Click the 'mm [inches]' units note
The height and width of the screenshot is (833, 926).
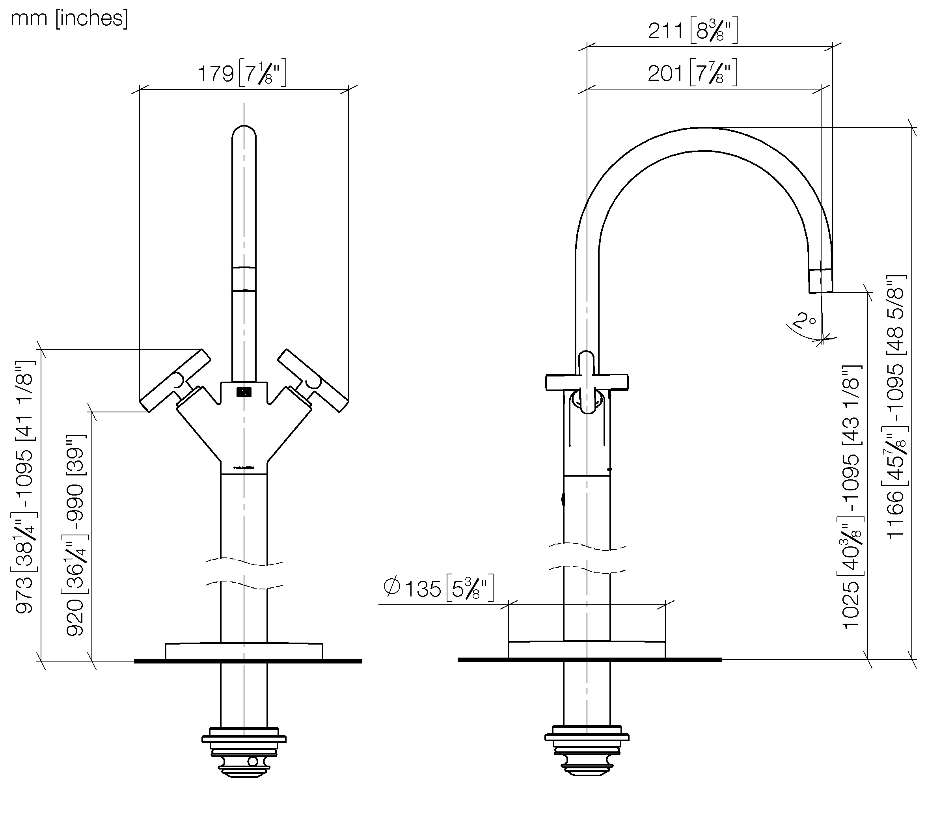tap(69, 18)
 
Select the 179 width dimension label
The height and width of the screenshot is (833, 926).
tap(242, 73)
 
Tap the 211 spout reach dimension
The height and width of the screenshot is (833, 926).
tap(693, 31)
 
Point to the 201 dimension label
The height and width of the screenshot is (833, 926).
tap(692, 73)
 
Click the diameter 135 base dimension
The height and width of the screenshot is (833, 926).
tap(438, 589)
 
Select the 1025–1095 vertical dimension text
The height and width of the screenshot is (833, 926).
tap(852, 497)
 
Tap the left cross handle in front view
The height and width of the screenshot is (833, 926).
tap(175, 380)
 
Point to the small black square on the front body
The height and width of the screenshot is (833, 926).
tap(244, 392)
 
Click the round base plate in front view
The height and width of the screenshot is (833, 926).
tap(244, 651)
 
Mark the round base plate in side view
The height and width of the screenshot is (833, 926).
tap(587, 650)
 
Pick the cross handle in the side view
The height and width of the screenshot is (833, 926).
tap(587, 382)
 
